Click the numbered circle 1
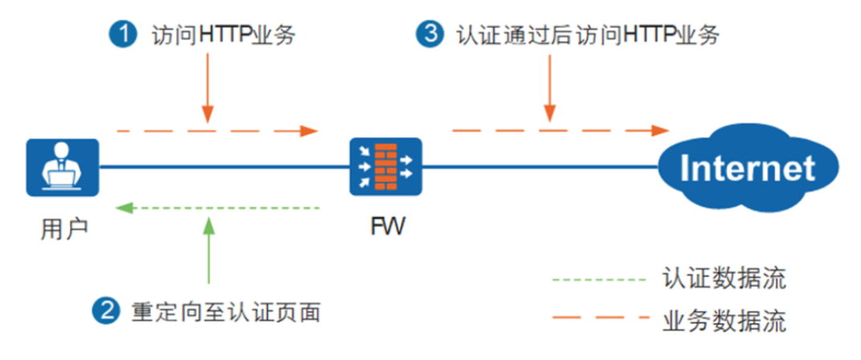coord(123,35)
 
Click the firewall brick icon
coord(386,167)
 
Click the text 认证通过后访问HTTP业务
coord(587,35)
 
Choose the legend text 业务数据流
coord(724,321)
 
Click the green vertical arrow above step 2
coord(208,249)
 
